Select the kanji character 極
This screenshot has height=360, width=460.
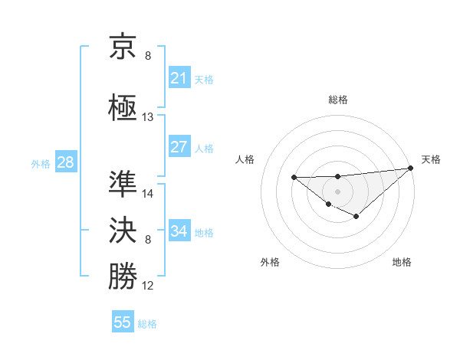(x=123, y=106)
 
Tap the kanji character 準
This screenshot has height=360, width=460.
(x=123, y=184)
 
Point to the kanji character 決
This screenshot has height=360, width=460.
(x=123, y=231)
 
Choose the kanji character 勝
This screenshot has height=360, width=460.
(x=123, y=277)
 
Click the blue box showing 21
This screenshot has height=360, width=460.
(x=179, y=78)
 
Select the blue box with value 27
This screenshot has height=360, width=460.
(x=179, y=147)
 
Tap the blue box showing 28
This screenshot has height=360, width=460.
(x=65, y=162)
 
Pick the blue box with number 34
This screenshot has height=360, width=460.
(x=179, y=231)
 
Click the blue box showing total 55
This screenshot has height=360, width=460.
(x=123, y=322)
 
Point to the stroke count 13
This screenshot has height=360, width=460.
(x=148, y=117)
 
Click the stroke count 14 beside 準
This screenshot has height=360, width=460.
(x=148, y=194)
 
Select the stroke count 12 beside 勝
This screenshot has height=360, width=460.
(x=148, y=286)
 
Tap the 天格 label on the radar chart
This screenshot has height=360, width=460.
(x=431, y=159)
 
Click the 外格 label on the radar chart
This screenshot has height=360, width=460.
(x=270, y=262)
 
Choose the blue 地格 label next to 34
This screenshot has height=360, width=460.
(x=204, y=232)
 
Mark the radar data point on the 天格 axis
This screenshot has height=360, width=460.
(x=412, y=168)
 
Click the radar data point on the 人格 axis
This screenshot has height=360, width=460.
(x=294, y=178)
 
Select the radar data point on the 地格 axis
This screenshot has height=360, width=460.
(x=356, y=217)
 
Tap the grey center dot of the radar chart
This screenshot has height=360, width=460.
(x=337, y=191)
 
